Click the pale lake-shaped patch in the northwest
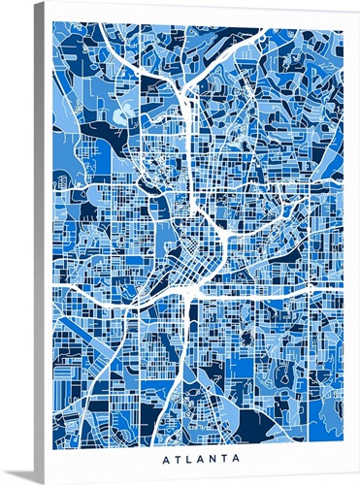coord(121,117)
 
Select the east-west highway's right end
coord(343,289)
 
